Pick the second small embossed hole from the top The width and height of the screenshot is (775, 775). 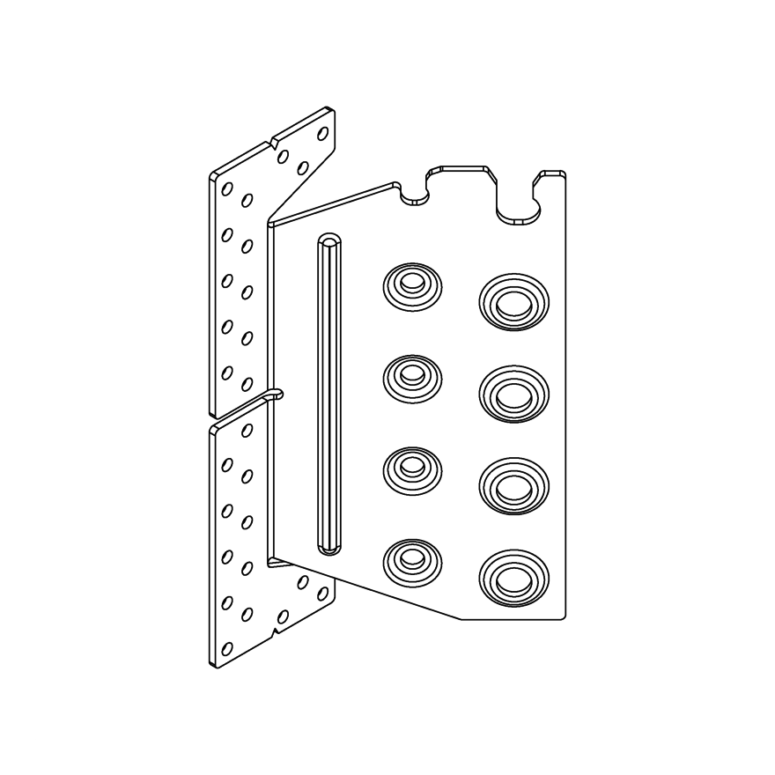[x=411, y=376]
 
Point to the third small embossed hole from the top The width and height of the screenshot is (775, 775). [x=411, y=467]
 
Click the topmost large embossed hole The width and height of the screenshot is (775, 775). [x=513, y=304]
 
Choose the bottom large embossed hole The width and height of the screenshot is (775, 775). [x=513, y=579]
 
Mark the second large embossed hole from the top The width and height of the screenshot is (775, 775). [x=513, y=395]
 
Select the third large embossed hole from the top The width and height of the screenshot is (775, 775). [x=513, y=485]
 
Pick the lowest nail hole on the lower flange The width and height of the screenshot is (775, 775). [x=227, y=649]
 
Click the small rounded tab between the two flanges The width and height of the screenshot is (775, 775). [x=277, y=394]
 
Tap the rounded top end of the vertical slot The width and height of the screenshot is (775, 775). [x=329, y=241]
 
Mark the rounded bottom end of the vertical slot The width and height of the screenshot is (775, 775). [x=329, y=549]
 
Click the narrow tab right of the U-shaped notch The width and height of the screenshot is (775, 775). [x=552, y=175]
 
